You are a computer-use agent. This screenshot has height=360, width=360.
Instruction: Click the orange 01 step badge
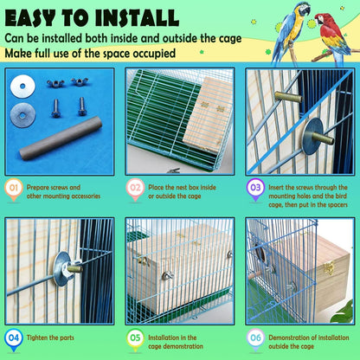point(15,188)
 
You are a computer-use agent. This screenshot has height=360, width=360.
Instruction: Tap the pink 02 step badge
point(135,188)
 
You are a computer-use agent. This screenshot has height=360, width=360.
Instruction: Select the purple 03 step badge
point(255,188)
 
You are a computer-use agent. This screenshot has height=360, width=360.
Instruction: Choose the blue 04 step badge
point(15,338)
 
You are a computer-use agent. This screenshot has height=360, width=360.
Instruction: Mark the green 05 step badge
point(135,338)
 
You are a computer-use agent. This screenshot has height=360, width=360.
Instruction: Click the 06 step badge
point(255,338)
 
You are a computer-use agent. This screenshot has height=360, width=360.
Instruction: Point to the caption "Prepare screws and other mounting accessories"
point(63,191)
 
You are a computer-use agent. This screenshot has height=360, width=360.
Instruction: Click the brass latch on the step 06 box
point(328,269)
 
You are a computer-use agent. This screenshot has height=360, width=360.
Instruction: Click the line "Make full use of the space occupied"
point(102,54)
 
